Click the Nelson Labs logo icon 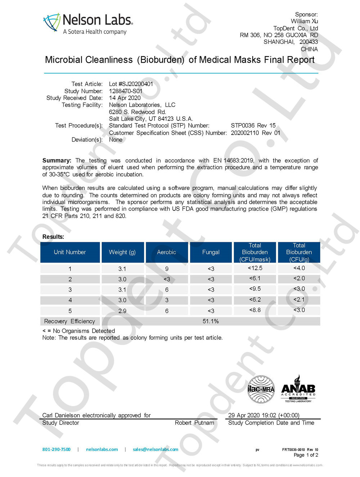[51, 23]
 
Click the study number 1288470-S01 [126, 91]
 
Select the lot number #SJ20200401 [131, 84]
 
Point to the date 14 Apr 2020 [125, 98]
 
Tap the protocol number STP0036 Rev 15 [253, 126]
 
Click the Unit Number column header [70, 252]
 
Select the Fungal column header [211, 252]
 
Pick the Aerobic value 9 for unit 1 [167, 269]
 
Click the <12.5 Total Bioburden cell [255, 268]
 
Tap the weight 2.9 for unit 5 [122, 311]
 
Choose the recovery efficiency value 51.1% [211, 321]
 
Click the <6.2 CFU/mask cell [255, 300]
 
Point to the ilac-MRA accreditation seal [261, 389]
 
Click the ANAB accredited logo [298, 389]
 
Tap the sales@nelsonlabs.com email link [156, 449]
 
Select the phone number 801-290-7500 [57, 449]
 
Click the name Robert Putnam [194, 423]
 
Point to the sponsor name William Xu [304, 21]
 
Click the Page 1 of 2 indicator [306, 455]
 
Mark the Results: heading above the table [53, 237]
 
